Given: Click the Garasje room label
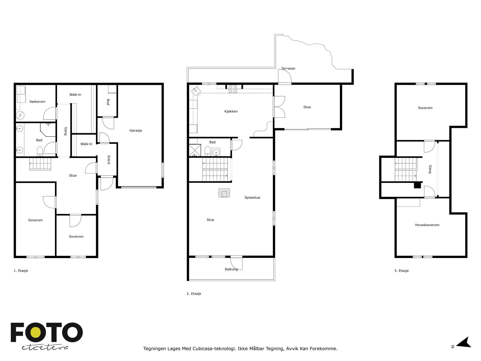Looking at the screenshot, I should [x=136, y=131].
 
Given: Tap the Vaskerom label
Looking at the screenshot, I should [x=37, y=102].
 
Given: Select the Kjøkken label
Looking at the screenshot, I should [x=231, y=111].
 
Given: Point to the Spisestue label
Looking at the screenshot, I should [x=252, y=198].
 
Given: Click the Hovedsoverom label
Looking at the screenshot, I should [x=427, y=225].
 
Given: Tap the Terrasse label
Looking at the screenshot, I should [x=288, y=69].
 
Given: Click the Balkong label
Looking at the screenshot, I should [x=231, y=269].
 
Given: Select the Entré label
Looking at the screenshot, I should [x=109, y=159].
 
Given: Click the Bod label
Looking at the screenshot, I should [x=108, y=102].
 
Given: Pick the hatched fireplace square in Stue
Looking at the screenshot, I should [x=224, y=193].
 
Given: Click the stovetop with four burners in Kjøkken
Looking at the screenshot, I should [x=233, y=89].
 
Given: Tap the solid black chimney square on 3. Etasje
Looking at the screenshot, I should [x=417, y=185].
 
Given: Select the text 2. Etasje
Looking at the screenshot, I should [x=194, y=294].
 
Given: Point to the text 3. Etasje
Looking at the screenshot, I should [x=401, y=271].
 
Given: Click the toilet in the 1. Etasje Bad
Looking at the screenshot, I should [x=40, y=151].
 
